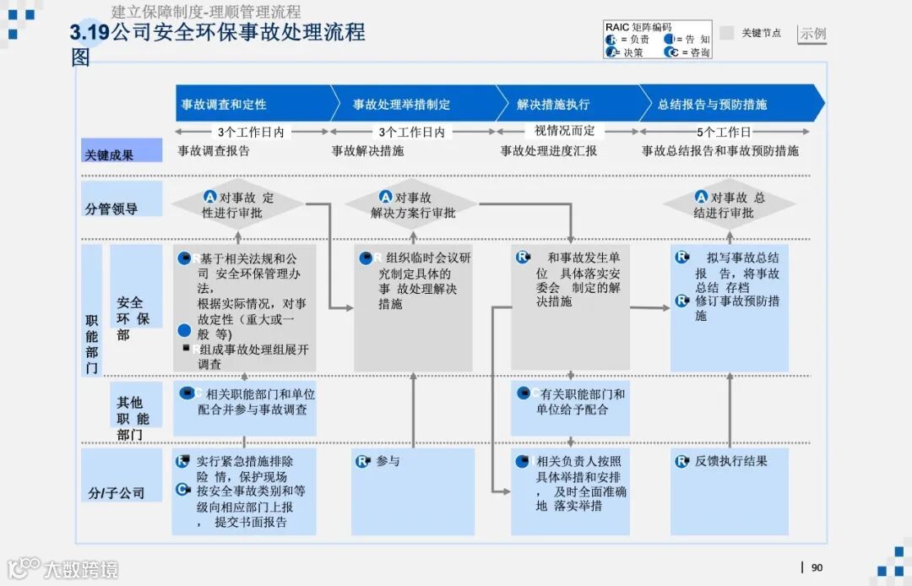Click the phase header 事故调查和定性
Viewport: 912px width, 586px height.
(225, 105)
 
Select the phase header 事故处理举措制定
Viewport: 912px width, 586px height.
(402, 105)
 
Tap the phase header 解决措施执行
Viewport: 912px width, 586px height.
(554, 105)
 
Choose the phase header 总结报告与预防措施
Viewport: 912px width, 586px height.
(713, 105)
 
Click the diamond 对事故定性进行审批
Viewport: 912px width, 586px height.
(238, 204)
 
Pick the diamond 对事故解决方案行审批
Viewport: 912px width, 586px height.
(413, 204)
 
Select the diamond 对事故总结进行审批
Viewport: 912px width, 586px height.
(729, 204)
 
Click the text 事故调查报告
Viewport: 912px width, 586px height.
(214, 151)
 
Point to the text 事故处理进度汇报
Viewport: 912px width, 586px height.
(549, 151)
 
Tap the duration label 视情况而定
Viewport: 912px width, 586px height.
(565, 132)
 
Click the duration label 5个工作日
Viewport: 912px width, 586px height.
(724, 133)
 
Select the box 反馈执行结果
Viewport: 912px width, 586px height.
(730, 491)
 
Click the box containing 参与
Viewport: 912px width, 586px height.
(413, 491)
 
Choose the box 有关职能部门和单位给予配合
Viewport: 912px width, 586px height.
(570, 409)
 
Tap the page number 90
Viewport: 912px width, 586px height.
(817, 567)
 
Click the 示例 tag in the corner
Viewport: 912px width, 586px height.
(812, 34)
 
